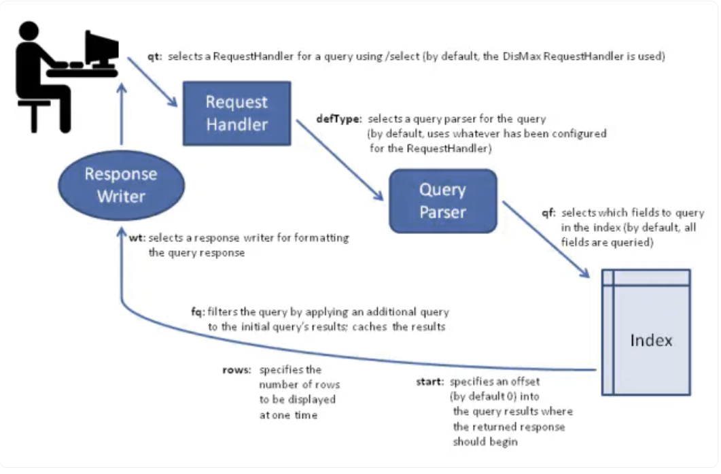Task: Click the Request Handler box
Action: click(x=236, y=114)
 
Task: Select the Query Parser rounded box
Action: click(x=443, y=201)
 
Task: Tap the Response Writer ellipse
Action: click(x=122, y=185)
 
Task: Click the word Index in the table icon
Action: click(x=651, y=341)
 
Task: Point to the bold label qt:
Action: click(x=154, y=56)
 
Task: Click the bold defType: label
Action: click(x=339, y=119)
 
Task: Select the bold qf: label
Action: click(x=548, y=213)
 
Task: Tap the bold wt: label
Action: click(x=137, y=238)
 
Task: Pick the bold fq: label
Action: click(x=198, y=312)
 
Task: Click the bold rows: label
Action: click(x=236, y=370)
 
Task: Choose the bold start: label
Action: click(x=430, y=382)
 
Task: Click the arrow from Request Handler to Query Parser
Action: click(x=340, y=160)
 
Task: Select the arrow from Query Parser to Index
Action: click(x=546, y=239)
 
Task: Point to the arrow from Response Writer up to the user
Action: click(x=122, y=114)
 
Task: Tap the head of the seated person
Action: click(x=29, y=31)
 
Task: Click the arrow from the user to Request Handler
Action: click(x=153, y=82)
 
